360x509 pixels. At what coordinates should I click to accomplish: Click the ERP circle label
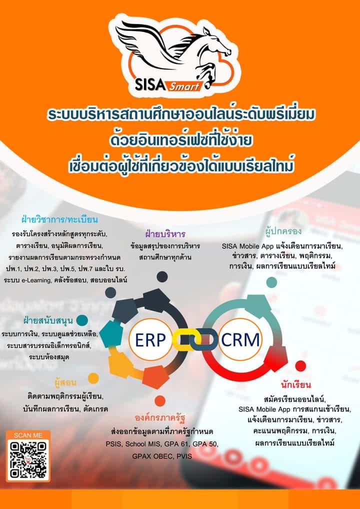coord(150,339)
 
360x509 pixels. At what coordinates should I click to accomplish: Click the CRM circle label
coord(240,339)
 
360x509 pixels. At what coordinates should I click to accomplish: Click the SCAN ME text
coord(28,435)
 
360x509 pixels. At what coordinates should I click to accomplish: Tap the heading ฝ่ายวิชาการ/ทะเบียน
coord(59,220)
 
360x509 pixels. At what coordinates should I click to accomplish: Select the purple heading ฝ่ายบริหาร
coord(165,233)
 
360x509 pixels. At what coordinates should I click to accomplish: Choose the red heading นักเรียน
coord(295,385)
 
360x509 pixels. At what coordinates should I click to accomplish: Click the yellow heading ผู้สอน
coord(65,383)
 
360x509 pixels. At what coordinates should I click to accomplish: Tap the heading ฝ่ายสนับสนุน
coord(48,320)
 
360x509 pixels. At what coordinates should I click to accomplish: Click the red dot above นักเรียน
coord(300,366)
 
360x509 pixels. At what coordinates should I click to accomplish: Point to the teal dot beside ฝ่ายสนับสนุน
coord(82,320)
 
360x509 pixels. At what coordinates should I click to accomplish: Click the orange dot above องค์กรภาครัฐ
coord(160,401)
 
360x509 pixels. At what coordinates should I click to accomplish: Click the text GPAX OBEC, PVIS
coord(162,456)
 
